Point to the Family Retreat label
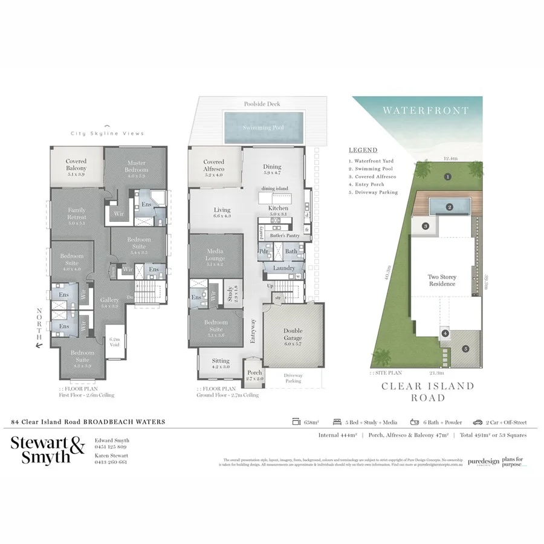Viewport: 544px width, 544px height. point(77,213)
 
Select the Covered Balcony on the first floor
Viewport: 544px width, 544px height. point(76,165)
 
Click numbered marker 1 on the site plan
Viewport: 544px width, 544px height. point(447,177)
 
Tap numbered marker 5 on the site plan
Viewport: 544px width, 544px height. point(465,348)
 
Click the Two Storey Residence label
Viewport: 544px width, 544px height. point(444,280)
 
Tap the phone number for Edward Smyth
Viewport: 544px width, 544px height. point(111,448)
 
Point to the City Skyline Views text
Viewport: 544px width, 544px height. point(107,133)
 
